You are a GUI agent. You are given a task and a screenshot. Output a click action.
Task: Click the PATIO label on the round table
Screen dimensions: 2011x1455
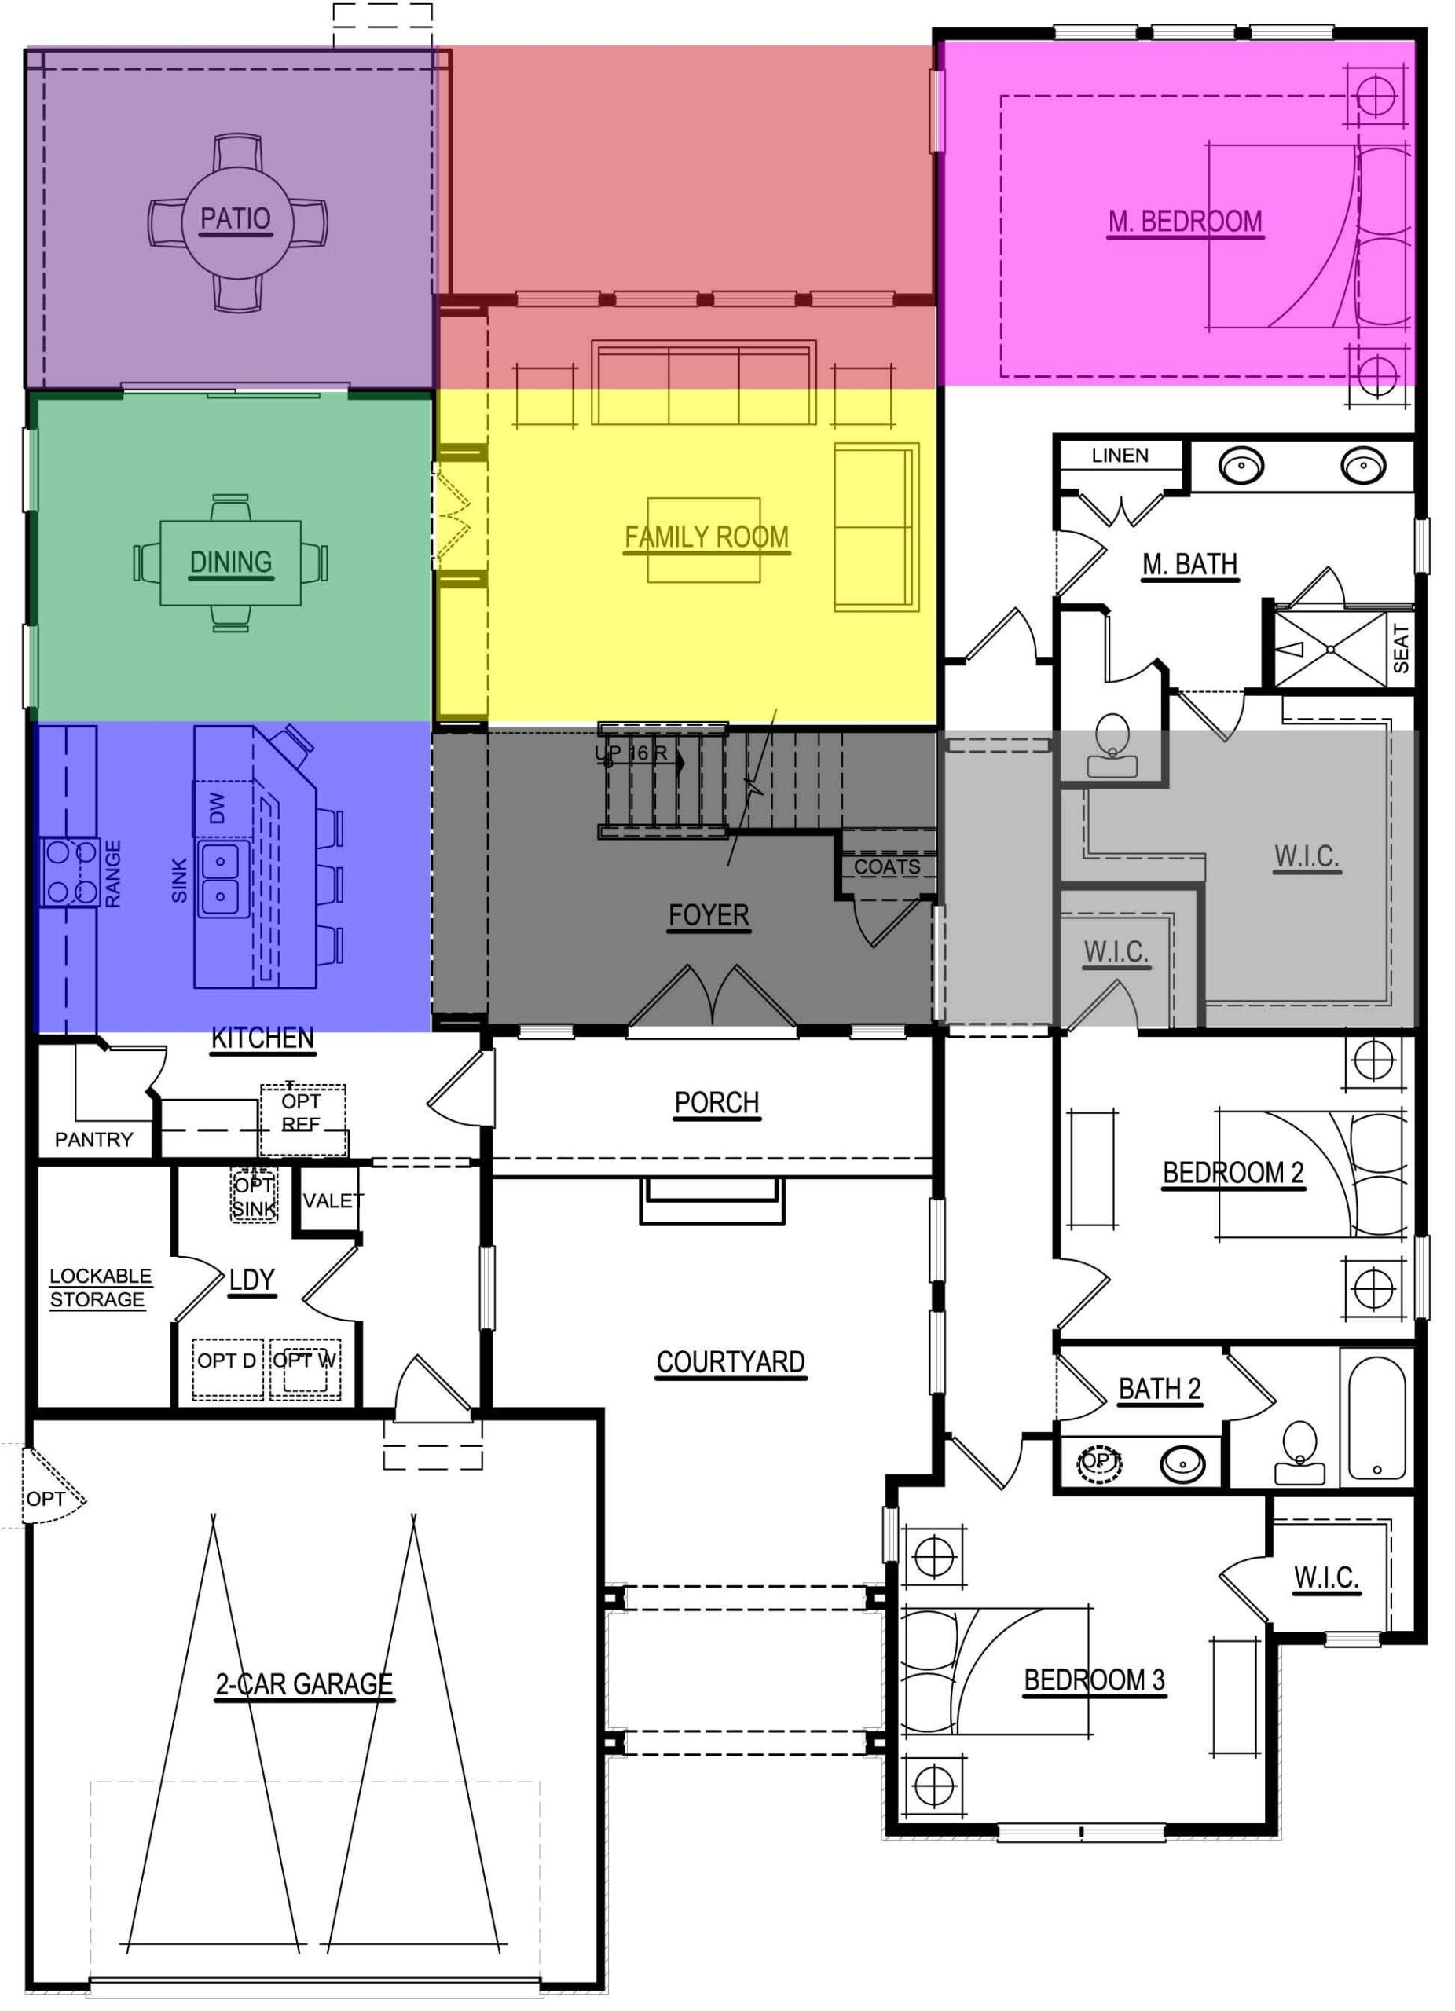click(x=235, y=219)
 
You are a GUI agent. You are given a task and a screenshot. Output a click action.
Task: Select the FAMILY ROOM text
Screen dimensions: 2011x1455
click(x=706, y=537)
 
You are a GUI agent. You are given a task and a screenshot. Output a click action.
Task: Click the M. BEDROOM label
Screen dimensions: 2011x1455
click(x=1185, y=222)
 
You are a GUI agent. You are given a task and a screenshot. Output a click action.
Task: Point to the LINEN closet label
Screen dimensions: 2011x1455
click(x=1120, y=456)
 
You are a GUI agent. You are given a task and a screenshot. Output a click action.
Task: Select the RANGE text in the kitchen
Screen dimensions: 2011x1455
click(x=112, y=874)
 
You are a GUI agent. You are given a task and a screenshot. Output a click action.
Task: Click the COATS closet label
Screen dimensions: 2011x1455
click(x=887, y=867)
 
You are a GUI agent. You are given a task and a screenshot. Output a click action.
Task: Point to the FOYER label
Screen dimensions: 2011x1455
click(x=709, y=915)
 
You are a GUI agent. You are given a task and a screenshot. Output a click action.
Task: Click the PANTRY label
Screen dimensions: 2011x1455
click(x=94, y=1139)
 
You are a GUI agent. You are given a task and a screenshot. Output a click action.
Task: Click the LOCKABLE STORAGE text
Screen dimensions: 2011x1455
click(x=99, y=1288)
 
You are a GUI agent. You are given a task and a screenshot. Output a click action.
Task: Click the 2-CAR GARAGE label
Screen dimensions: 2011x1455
click(x=304, y=1683)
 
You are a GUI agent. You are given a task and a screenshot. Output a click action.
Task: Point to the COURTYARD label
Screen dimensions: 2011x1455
click(x=730, y=1362)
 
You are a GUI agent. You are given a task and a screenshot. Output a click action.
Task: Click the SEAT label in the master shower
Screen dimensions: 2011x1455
click(x=1401, y=648)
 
